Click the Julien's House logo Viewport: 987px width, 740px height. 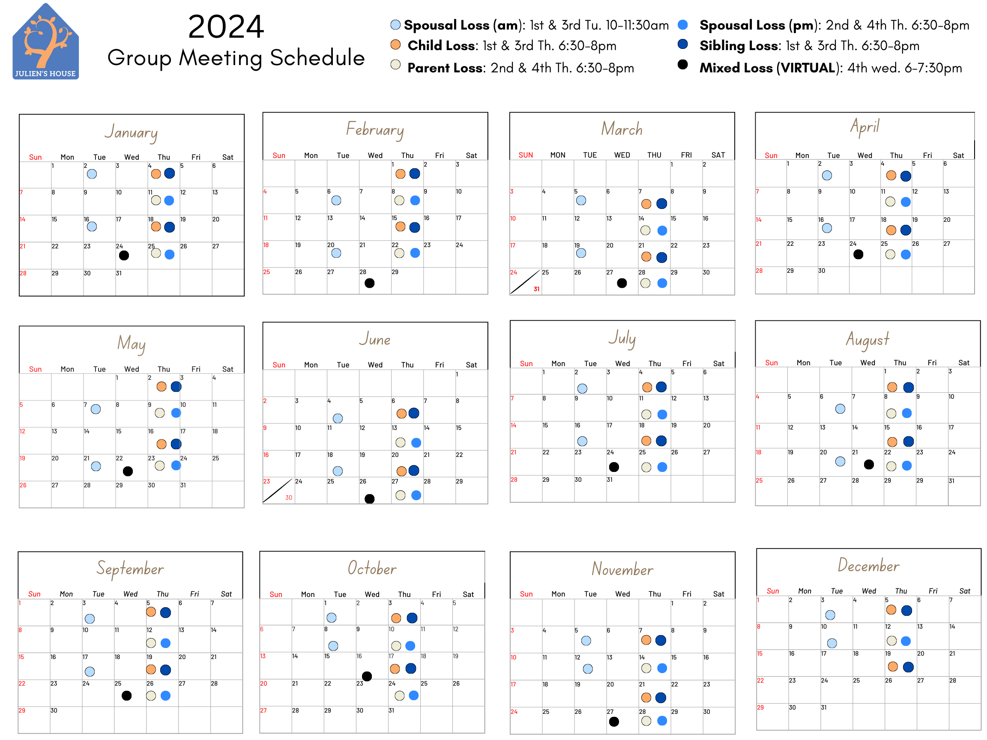(x=45, y=42)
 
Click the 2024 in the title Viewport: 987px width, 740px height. (x=226, y=27)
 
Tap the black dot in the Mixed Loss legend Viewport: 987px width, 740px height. (x=682, y=65)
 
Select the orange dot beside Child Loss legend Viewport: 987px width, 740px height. (x=395, y=45)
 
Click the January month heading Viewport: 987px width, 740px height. (x=131, y=132)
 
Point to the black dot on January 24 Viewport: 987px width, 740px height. (x=124, y=255)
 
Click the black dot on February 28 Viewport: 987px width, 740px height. (x=369, y=283)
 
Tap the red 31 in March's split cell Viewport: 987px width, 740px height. (x=536, y=289)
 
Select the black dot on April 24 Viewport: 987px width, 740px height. (x=858, y=254)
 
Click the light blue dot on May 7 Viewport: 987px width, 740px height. (x=96, y=409)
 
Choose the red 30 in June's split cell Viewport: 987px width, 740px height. (x=289, y=498)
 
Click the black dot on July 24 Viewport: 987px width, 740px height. (x=614, y=467)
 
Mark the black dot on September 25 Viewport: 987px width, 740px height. (x=127, y=695)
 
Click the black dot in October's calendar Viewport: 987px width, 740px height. (x=367, y=676)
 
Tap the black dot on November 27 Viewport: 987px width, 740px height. (x=614, y=721)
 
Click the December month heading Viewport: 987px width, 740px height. (x=868, y=566)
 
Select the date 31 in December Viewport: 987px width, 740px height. (x=824, y=707)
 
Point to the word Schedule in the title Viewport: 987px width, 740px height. (x=317, y=58)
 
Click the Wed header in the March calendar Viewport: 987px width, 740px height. (x=622, y=155)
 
